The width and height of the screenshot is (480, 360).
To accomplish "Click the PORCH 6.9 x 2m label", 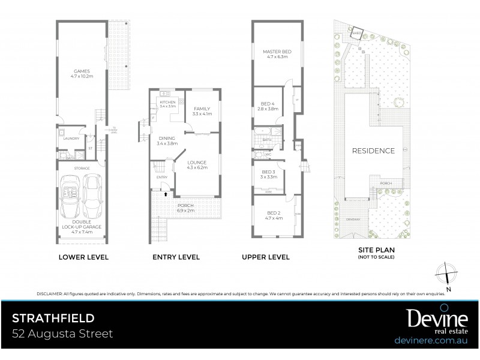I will [x=186, y=209].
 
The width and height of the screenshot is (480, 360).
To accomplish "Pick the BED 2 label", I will [x=274, y=215].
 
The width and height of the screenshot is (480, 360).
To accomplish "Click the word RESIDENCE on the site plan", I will [x=373, y=151].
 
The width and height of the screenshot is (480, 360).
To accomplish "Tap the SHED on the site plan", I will [x=356, y=34].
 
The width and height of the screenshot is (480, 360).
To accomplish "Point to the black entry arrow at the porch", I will [x=165, y=196].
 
